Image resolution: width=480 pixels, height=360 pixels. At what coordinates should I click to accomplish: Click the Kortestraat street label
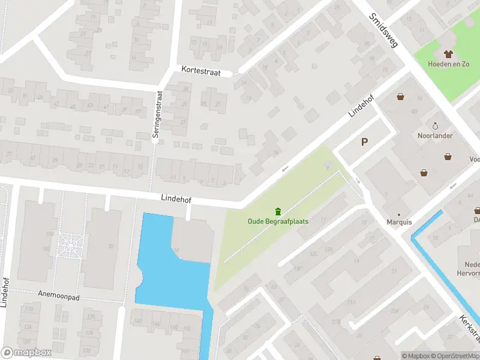point(202,72)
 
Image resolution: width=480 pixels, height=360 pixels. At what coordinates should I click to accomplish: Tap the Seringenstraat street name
point(158,115)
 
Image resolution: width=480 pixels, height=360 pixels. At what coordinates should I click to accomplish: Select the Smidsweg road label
point(384,31)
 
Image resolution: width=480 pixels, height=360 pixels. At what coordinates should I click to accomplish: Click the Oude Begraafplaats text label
point(278,221)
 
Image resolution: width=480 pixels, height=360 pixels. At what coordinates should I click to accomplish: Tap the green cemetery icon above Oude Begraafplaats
point(278,211)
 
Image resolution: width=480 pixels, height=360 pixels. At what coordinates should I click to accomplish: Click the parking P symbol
point(364,142)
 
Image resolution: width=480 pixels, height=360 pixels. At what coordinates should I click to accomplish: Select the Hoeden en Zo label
point(448,64)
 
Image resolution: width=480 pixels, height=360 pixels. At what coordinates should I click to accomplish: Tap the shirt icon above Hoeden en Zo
point(448,54)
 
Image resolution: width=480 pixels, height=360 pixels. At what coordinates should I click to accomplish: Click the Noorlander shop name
point(435,136)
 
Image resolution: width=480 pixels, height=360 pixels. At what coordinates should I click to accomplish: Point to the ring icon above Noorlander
point(435,126)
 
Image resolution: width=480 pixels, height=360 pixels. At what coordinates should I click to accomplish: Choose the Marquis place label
point(399,222)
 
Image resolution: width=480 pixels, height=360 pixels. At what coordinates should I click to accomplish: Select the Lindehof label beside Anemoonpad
point(5,291)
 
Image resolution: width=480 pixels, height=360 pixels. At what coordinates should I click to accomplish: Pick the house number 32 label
point(110,246)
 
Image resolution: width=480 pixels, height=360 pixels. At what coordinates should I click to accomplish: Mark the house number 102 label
point(46,248)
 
